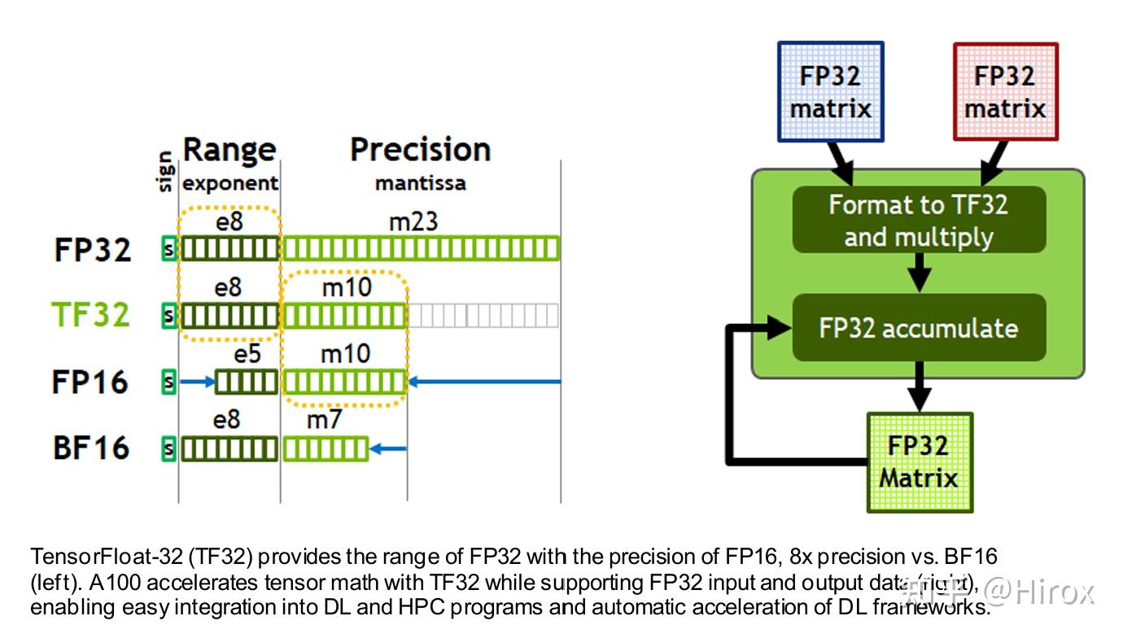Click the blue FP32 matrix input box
coord(830,92)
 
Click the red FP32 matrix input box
coord(1005,92)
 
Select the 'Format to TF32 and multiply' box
coord(919,220)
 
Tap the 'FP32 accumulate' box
coord(919,328)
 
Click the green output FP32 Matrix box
coord(920,461)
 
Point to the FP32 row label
coord(92,249)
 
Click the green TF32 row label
coord(90,315)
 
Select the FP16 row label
coord(90,382)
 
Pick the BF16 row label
coord(91,448)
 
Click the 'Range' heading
coord(229,150)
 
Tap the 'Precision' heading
coord(420,150)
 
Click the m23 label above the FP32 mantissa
coord(413,221)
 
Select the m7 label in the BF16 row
coord(324,421)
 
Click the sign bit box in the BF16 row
coord(169,448)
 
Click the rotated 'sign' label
coord(165,172)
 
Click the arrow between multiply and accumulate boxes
coord(919,272)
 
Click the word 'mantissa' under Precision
coord(420,184)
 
